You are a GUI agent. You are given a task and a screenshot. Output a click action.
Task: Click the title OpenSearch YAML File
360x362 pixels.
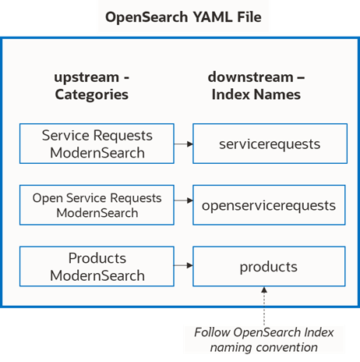pyautogui.click(x=180, y=16)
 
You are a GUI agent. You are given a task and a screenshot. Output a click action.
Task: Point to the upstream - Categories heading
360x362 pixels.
pyautogui.click(x=92, y=86)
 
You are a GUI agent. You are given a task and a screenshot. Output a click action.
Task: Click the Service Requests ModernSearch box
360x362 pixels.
pyautogui.click(x=97, y=144)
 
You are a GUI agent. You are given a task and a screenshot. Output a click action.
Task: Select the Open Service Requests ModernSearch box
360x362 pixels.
pyautogui.click(x=97, y=205)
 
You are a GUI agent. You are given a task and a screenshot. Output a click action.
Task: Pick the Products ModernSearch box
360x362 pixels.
pyautogui.click(x=97, y=266)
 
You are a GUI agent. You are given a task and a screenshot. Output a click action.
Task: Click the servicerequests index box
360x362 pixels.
pyautogui.click(x=268, y=144)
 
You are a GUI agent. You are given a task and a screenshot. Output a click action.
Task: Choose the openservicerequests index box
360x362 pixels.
pyautogui.click(x=268, y=205)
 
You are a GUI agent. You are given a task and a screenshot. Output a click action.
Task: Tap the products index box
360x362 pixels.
pyautogui.click(x=268, y=266)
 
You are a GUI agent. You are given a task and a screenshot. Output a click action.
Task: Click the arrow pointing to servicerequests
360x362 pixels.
pyautogui.click(x=183, y=144)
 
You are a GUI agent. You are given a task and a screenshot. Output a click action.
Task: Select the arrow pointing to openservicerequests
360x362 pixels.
pyautogui.click(x=183, y=205)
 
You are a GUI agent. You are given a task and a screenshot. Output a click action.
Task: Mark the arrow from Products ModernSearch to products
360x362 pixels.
pyautogui.click(x=183, y=266)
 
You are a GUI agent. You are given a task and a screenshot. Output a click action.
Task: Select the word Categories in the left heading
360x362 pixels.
pyautogui.click(x=92, y=94)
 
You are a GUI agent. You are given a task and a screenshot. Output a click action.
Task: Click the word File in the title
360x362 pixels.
pyautogui.click(x=245, y=16)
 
